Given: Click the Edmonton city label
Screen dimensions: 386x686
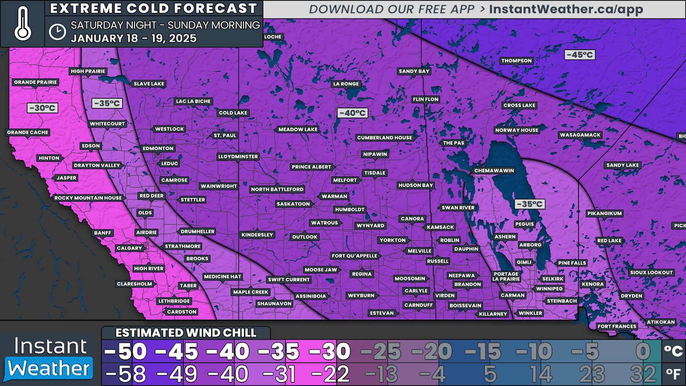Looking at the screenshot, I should click(x=158, y=149).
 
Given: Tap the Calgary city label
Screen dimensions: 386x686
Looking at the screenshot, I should click(x=129, y=248).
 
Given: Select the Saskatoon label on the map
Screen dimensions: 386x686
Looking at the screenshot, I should click(x=293, y=204).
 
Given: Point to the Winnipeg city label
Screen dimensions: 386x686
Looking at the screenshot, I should click(x=549, y=289).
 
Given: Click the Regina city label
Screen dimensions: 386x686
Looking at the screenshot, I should click(x=362, y=274).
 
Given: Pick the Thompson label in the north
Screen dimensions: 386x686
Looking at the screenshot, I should click(x=516, y=61).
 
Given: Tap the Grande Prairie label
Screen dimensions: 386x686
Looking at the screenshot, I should click(x=36, y=82).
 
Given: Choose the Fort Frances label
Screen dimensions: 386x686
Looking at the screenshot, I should click(x=617, y=327).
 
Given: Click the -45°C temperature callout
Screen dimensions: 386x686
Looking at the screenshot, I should click(x=579, y=55).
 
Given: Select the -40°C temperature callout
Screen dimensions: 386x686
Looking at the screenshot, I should click(x=352, y=113).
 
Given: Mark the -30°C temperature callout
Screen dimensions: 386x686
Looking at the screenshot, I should click(x=43, y=108).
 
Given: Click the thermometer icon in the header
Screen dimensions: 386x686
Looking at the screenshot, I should click(x=22, y=24).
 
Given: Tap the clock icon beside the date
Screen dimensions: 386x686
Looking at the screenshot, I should click(x=58, y=32).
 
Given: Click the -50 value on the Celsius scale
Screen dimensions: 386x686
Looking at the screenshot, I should click(x=125, y=352).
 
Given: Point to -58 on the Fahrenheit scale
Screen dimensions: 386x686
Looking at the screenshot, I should click(x=125, y=375).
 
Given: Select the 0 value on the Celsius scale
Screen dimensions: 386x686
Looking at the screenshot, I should click(x=643, y=352).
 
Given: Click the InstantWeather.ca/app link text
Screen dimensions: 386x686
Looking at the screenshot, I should click(x=566, y=10).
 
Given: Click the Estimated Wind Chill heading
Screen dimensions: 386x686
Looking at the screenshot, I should click(x=186, y=333).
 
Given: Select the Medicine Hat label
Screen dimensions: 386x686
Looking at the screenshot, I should click(x=222, y=277).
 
